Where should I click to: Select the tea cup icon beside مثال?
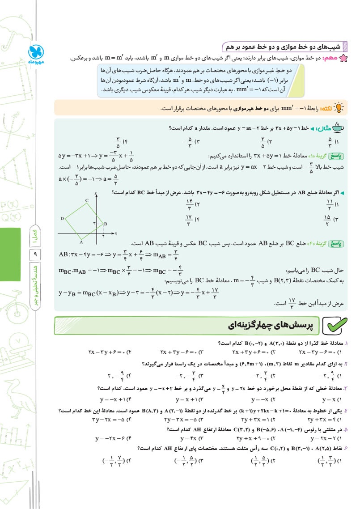[339, 128]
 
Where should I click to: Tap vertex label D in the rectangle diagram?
[62, 218]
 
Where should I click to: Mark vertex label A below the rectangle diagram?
[81, 242]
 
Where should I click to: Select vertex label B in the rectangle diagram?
[106, 224]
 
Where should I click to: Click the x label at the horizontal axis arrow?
[115, 233]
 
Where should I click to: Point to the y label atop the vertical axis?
[96, 192]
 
